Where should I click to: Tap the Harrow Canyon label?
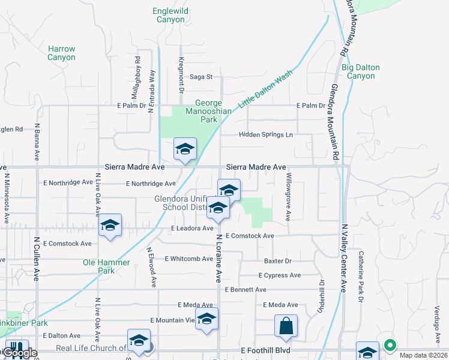point(62,53)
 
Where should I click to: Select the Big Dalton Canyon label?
point(361,71)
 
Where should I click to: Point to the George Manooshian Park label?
point(208,111)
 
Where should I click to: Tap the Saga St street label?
point(201,77)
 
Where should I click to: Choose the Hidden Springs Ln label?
point(266,135)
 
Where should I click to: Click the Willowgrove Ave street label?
point(289,197)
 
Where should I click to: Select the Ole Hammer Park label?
point(106,266)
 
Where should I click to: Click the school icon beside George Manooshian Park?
point(185,149)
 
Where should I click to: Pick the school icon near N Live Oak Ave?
point(110,225)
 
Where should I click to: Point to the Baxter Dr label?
point(277,261)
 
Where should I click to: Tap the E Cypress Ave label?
point(279,275)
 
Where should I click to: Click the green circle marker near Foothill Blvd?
point(390,345)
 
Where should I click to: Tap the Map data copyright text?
point(423,355)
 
